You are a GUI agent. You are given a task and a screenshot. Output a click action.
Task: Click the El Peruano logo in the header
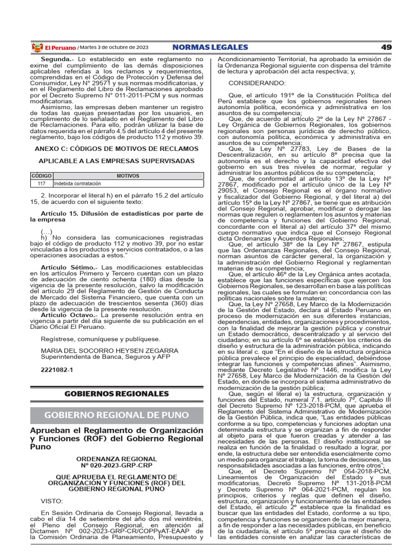coord(46,48)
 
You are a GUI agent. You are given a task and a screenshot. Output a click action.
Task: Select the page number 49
coord(386,48)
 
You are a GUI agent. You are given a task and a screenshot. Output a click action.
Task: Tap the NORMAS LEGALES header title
coord(210,48)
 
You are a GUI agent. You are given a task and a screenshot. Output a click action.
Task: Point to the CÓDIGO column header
coord(42,176)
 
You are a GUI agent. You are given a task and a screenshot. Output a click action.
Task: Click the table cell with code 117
coord(42,184)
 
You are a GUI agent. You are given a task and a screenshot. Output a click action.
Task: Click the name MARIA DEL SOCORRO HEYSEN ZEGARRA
coord(110,350)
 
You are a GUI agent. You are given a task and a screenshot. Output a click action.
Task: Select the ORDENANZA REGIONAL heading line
coord(117,459)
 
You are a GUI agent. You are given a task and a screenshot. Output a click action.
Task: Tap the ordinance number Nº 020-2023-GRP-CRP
coord(117,465)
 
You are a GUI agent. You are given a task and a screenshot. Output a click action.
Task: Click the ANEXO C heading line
coord(117,148)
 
